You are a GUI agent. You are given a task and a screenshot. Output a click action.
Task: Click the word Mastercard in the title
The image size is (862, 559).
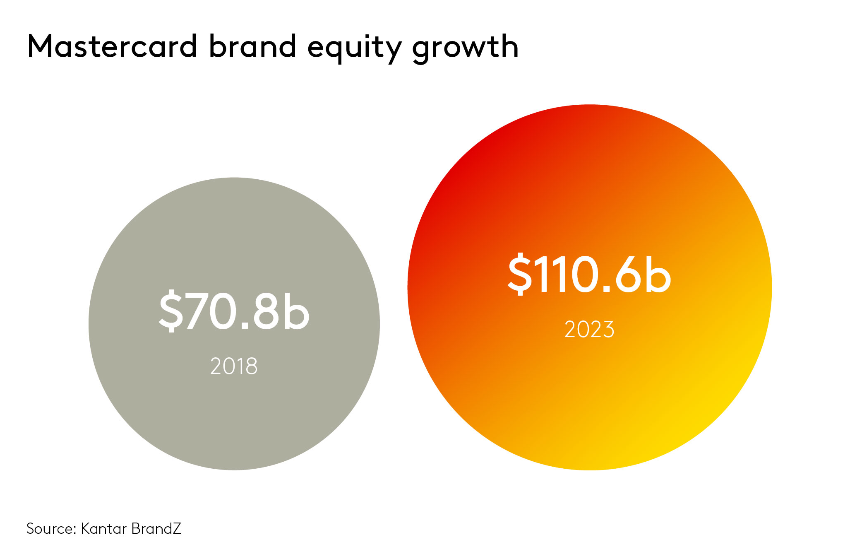coord(112,46)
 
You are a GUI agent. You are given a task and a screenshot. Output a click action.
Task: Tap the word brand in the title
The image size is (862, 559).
coord(252,46)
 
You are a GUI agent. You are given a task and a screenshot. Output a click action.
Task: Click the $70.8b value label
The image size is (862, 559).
coord(234,311)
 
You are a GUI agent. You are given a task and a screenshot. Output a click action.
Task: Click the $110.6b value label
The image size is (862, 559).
coord(589,275)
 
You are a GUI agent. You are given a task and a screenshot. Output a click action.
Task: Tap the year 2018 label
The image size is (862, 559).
coord(234,366)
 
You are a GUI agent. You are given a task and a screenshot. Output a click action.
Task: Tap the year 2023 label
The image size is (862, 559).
coord(589,330)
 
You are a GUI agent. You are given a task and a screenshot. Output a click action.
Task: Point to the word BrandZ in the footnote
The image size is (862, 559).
coord(156,529)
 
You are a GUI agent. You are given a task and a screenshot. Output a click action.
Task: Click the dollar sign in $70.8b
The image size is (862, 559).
coord(170,311)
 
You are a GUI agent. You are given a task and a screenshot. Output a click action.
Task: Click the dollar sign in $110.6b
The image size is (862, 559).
coord(520,275)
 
